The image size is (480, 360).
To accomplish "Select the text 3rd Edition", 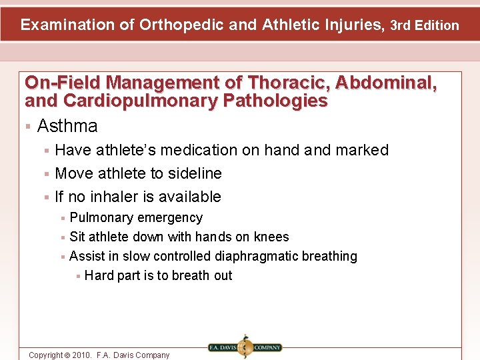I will click(x=424, y=25).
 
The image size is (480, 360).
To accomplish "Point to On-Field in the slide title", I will click(x=63, y=83).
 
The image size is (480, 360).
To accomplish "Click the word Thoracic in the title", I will click(x=289, y=83).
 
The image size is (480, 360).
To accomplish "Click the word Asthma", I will click(x=67, y=126).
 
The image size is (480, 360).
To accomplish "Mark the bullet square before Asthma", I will click(x=28, y=127).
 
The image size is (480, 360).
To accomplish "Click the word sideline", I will click(x=194, y=173).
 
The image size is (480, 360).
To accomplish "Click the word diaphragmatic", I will click(x=257, y=256).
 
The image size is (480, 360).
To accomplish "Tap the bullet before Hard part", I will click(x=78, y=276).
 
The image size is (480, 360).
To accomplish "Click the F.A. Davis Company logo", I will click(x=245, y=347).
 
